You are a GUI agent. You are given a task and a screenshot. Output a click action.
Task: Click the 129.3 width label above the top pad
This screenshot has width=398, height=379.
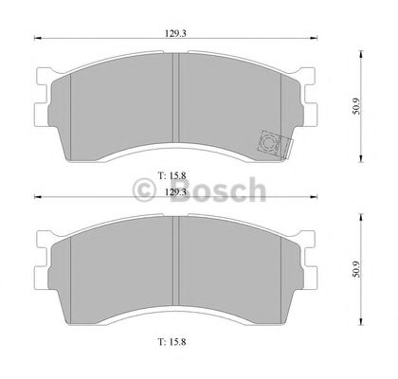click(x=173, y=33)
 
